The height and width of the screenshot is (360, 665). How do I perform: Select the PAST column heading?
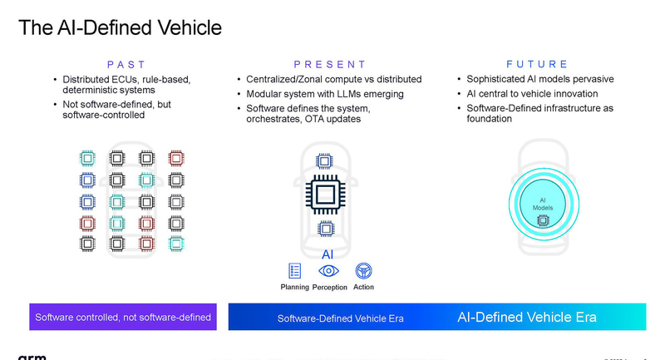126,64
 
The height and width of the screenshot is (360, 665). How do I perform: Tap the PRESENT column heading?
329,64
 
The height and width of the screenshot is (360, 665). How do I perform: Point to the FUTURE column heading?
537,64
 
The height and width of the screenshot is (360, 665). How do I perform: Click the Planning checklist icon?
295,270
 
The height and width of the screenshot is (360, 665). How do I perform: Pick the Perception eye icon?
329,270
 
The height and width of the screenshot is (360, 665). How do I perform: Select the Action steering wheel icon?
363,270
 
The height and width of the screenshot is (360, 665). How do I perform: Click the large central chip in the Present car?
326,195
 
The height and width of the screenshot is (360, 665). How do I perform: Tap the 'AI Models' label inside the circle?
542,204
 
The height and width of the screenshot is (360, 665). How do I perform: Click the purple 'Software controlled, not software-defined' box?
123,317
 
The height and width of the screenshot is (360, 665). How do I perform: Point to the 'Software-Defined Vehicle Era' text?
340,318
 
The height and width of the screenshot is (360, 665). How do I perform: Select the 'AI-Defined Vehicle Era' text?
526,317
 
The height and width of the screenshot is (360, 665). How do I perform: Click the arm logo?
32,356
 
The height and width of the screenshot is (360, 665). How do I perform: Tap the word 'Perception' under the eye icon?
330,288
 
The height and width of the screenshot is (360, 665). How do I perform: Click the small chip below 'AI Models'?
544,220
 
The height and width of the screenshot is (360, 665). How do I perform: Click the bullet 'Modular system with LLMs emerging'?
325,94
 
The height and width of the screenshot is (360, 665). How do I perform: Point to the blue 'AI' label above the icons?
328,254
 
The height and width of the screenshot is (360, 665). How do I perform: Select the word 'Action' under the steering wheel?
363,288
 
